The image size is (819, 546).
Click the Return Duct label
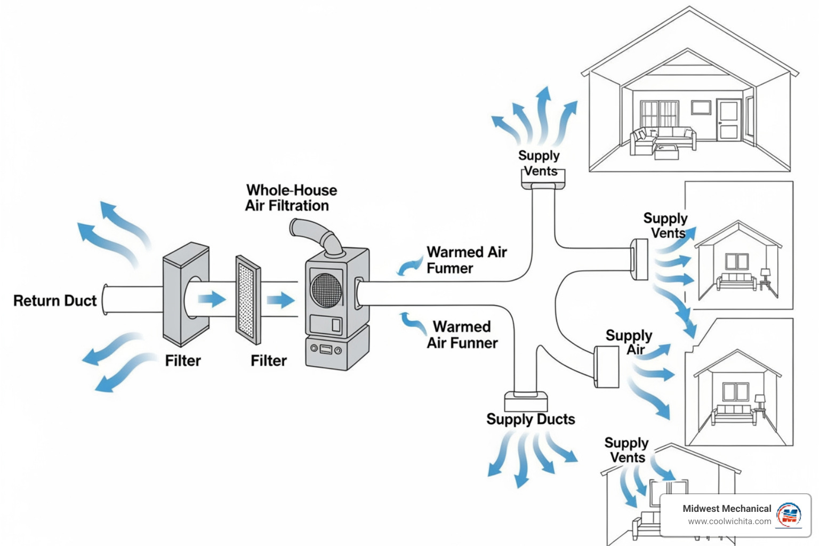55,301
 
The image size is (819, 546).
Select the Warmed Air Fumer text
466,260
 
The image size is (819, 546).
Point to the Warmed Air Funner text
462,335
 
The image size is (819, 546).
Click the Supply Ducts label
531,420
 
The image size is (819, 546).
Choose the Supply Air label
629,342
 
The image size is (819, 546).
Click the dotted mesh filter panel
248,300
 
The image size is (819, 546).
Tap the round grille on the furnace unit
326,290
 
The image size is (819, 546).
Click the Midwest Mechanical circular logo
789,515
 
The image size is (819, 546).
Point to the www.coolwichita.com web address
729,521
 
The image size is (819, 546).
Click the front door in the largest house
728,120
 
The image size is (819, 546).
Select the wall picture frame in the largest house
701,107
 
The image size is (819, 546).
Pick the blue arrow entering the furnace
280,300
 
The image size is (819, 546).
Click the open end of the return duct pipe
106,300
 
